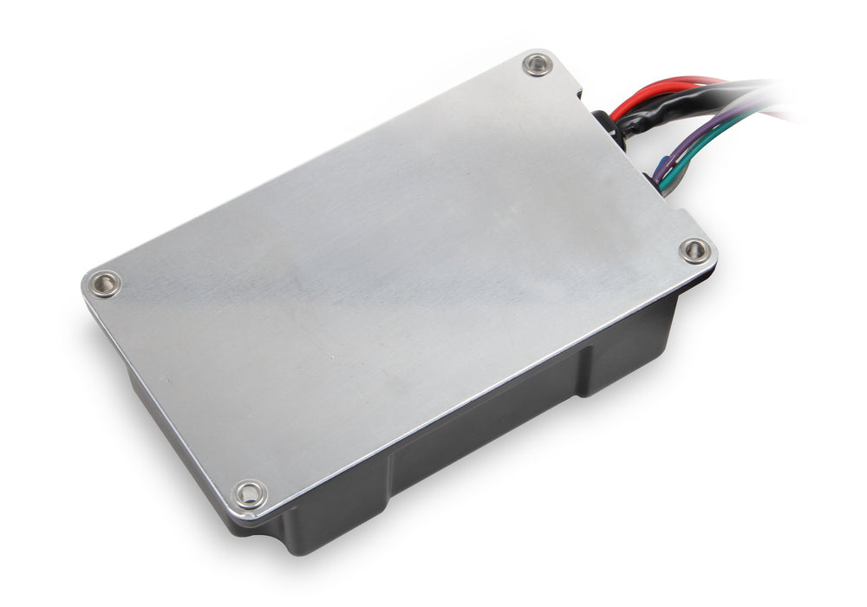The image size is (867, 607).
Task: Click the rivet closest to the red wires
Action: (x=538, y=64)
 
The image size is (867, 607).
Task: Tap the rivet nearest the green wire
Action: (x=694, y=251)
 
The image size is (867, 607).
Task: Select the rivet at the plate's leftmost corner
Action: (x=105, y=284)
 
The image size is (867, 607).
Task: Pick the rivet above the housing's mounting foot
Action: (x=250, y=494)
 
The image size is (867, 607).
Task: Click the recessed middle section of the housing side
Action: (x=486, y=425)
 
